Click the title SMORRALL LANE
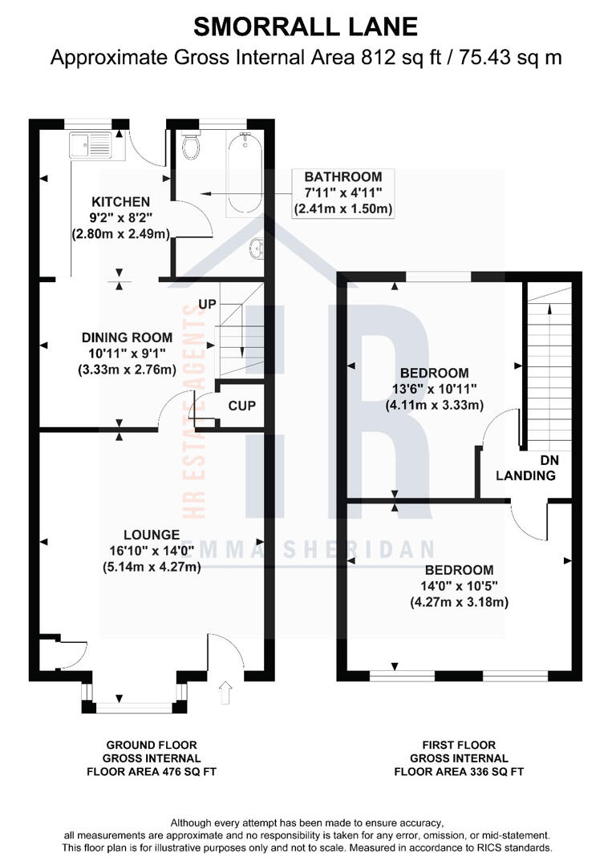point(306,26)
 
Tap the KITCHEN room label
point(120,201)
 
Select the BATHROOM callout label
point(342,176)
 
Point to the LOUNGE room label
point(151,535)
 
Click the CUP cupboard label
point(241,406)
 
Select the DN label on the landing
point(549,460)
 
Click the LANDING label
point(525,475)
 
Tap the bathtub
point(244,172)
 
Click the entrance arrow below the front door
point(225,688)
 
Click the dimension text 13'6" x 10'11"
point(434,390)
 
